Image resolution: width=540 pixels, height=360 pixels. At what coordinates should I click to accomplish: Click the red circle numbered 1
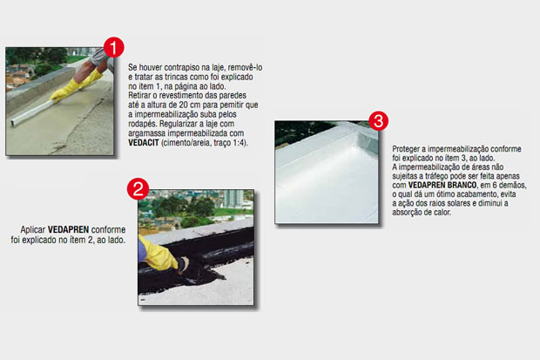click(x=114, y=48)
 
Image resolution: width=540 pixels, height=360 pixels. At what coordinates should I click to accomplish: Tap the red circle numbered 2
click(x=138, y=189)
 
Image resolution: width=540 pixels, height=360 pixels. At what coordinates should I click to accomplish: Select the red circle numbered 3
click(x=379, y=121)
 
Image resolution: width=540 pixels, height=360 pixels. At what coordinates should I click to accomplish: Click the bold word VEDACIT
click(x=144, y=143)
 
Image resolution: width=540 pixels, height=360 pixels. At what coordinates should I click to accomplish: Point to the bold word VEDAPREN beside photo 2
click(x=68, y=229)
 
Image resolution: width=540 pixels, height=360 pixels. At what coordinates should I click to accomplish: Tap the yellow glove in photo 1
click(x=76, y=86)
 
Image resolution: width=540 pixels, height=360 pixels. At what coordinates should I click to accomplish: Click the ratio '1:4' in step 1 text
click(x=239, y=143)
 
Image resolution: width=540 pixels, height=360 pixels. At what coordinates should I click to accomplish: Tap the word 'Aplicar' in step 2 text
click(x=33, y=230)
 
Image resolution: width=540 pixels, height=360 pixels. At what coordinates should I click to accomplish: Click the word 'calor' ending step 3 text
click(x=442, y=213)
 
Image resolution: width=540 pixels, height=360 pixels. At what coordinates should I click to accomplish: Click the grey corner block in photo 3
click(x=368, y=140)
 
